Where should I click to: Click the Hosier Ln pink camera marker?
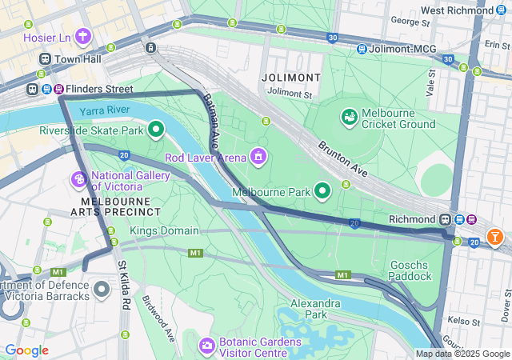pos(85,37)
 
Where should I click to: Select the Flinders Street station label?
pos(100,89)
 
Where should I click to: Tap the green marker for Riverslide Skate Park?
pos(156,128)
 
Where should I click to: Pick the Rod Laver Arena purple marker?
pos(258,155)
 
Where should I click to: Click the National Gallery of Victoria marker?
pos(80,177)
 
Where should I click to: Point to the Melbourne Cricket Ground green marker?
pos(349,118)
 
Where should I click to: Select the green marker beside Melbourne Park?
pos(322,191)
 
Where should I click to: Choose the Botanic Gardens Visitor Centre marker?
pos(206,345)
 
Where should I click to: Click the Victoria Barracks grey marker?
pos(102,289)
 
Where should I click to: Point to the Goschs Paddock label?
pos(410,270)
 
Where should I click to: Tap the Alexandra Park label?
pos(315,309)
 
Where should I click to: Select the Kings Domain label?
pos(163,231)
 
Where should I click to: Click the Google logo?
pos(27,350)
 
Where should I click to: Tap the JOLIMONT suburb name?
pos(290,78)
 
